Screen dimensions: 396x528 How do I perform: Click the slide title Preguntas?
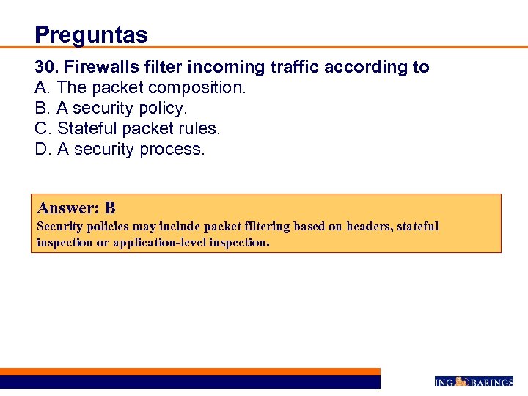point(91,34)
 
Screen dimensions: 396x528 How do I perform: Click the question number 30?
point(46,67)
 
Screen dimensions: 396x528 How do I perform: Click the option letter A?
point(41,88)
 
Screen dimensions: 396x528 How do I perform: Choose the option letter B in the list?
point(41,109)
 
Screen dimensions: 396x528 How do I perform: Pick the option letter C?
point(42,129)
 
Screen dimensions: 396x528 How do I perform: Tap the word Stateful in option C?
point(87,129)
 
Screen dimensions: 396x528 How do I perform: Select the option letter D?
point(42,150)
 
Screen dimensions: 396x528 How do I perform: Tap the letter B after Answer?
point(110,208)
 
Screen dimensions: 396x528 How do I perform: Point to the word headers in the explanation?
point(369,227)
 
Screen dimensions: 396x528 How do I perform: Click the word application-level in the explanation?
point(159,242)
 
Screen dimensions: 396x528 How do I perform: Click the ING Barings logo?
point(474,382)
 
